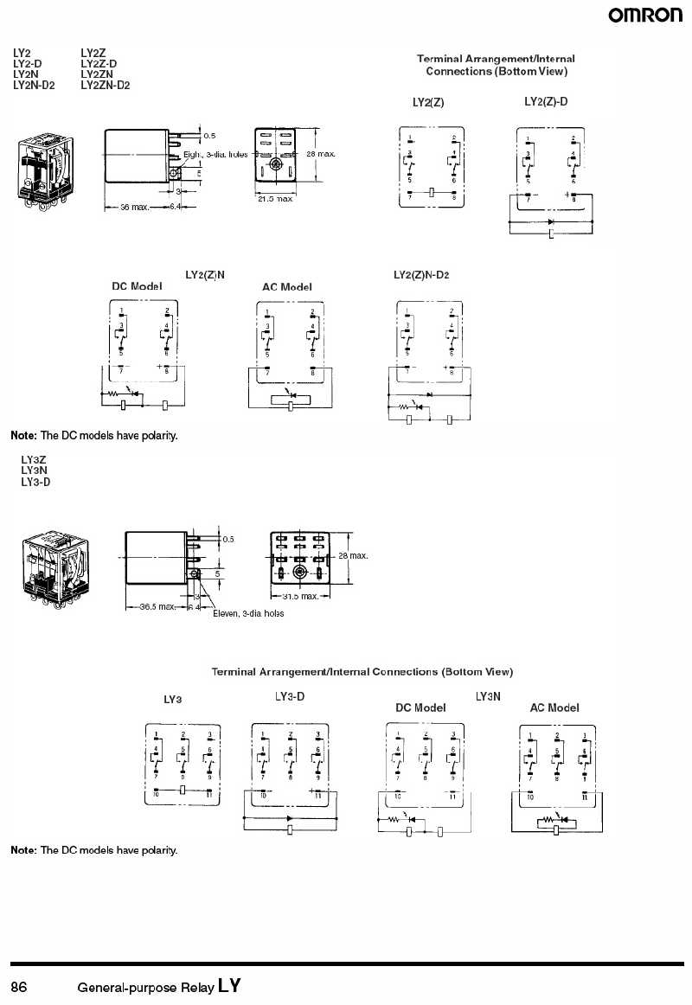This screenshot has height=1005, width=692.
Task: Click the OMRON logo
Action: coord(645,16)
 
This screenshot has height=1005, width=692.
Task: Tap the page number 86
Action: coord(20,986)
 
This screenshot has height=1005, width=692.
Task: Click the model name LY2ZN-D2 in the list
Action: coord(105,86)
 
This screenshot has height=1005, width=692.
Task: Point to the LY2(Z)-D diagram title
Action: coord(546,102)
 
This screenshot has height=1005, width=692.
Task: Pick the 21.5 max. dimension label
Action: coord(275,199)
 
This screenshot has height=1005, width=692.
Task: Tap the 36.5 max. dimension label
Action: coord(158,606)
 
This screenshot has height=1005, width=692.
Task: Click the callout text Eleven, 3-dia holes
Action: coord(248,613)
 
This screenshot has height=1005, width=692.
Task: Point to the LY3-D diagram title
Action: coord(289,696)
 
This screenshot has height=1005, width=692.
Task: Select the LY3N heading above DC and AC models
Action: coord(488,696)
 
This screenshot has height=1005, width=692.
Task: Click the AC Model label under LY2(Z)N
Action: coord(287,286)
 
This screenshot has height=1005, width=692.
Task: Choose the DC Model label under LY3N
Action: coord(420,707)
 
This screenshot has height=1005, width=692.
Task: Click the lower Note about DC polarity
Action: coord(94,850)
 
